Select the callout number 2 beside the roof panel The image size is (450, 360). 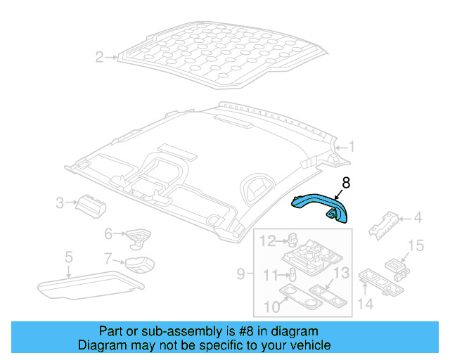(x=100, y=57)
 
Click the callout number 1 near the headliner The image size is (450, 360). (x=352, y=147)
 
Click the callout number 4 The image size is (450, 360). (x=418, y=219)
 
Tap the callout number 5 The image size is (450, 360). (x=68, y=257)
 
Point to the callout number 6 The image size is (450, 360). (x=108, y=233)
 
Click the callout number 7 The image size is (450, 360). (x=108, y=258)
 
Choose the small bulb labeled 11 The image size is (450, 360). (x=293, y=274)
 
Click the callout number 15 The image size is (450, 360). (x=416, y=245)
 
